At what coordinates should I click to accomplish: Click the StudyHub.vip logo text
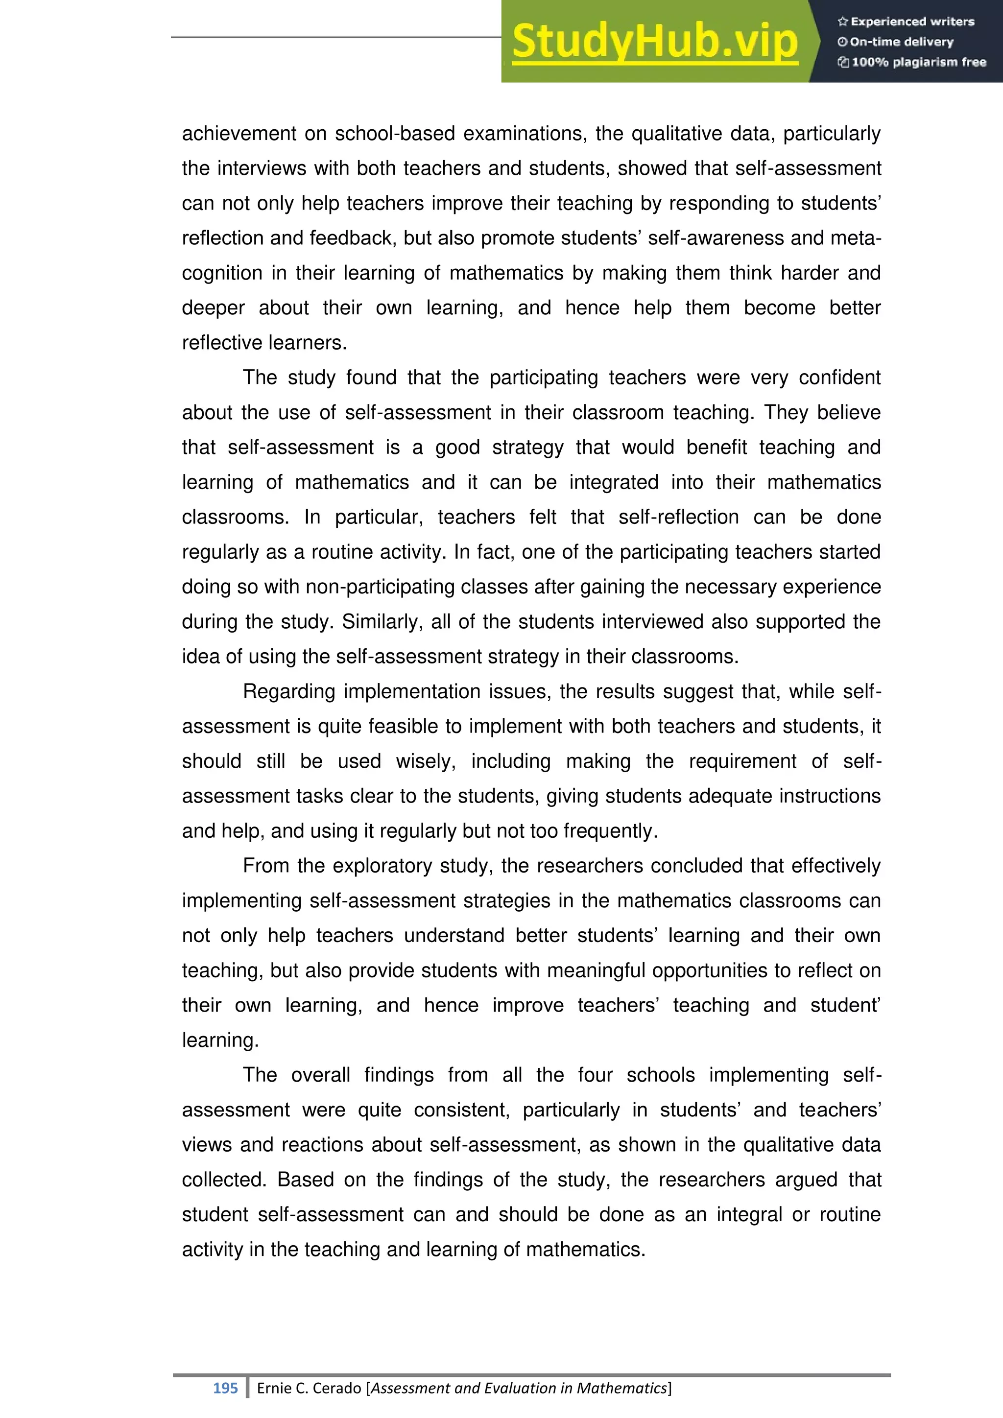click(655, 42)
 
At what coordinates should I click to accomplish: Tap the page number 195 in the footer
click(225, 1388)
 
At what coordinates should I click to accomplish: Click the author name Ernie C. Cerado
click(309, 1388)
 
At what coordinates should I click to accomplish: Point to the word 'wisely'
click(426, 761)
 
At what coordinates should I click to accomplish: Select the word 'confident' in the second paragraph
click(839, 378)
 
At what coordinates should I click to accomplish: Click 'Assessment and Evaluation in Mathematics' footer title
click(519, 1388)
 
